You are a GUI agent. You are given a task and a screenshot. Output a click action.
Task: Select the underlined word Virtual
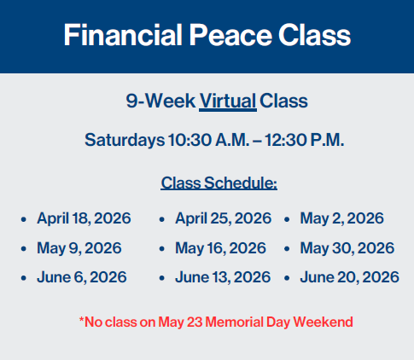click(227, 102)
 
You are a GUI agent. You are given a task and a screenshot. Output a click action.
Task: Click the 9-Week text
click(159, 102)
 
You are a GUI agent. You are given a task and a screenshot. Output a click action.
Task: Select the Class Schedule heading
click(219, 183)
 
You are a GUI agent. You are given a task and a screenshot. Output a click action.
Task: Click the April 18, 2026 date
click(84, 218)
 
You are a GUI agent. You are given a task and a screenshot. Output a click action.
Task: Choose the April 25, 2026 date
click(223, 218)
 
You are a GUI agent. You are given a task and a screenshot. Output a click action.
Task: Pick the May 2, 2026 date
click(341, 218)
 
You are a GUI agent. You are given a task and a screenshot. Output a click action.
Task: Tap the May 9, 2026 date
click(79, 248)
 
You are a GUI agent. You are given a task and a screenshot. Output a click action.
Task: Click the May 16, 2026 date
click(220, 248)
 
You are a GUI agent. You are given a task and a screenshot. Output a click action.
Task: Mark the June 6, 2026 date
click(81, 277)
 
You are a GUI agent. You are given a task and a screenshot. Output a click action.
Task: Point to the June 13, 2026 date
click(222, 277)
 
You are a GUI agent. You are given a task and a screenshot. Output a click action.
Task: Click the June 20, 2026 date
click(349, 277)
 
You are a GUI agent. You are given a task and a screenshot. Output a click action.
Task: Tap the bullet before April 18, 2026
click(23, 219)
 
